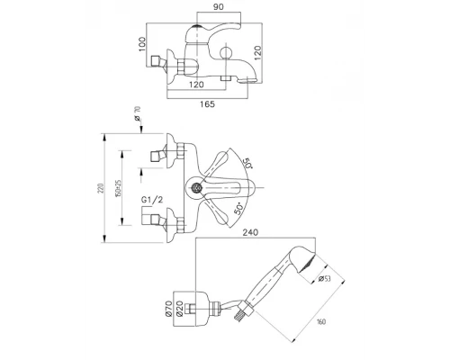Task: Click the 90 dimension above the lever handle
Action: click(x=219, y=7)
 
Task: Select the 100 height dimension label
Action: click(x=142, y=44)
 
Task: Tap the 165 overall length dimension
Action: click(x=207, y=104)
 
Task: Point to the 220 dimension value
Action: click(x=102, y=188)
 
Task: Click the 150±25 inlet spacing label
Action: click(x=118, y=188)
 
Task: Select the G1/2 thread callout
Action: click(x=152, y=200)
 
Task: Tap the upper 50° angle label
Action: click(x=247, y=163)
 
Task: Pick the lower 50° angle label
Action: click(x=238, y=209)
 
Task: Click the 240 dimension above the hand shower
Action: click(x=250, y=232)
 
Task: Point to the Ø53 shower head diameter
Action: click(x=324, y=279)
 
